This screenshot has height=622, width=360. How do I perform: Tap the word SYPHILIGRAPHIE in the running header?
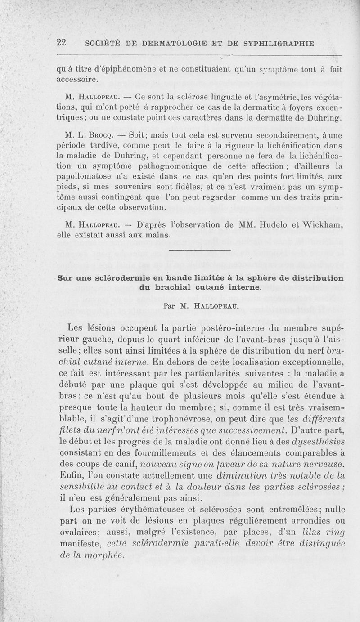[279, 44]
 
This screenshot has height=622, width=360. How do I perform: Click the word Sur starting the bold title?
[64, 277]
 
